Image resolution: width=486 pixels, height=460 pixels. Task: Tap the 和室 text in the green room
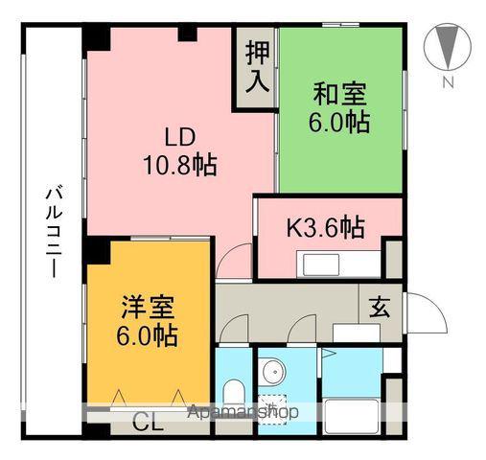pyautogui.click(x=340, y=96)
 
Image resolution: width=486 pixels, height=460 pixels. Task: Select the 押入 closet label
pyautogui.click(x=256, y=66)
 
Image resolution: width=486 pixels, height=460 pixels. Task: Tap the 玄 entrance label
pyautogui.click(x=380, y=308)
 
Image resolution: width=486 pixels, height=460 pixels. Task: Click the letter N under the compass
pyautogui.click(x=447, y=82)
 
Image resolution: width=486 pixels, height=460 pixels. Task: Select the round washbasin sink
pyautogui.click(x=273, y=371)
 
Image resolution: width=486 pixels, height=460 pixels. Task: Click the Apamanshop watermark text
pyautogui.click(x=243, y=412)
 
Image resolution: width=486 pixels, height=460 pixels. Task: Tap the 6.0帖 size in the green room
pyautogui.click(x=340, y=123)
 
